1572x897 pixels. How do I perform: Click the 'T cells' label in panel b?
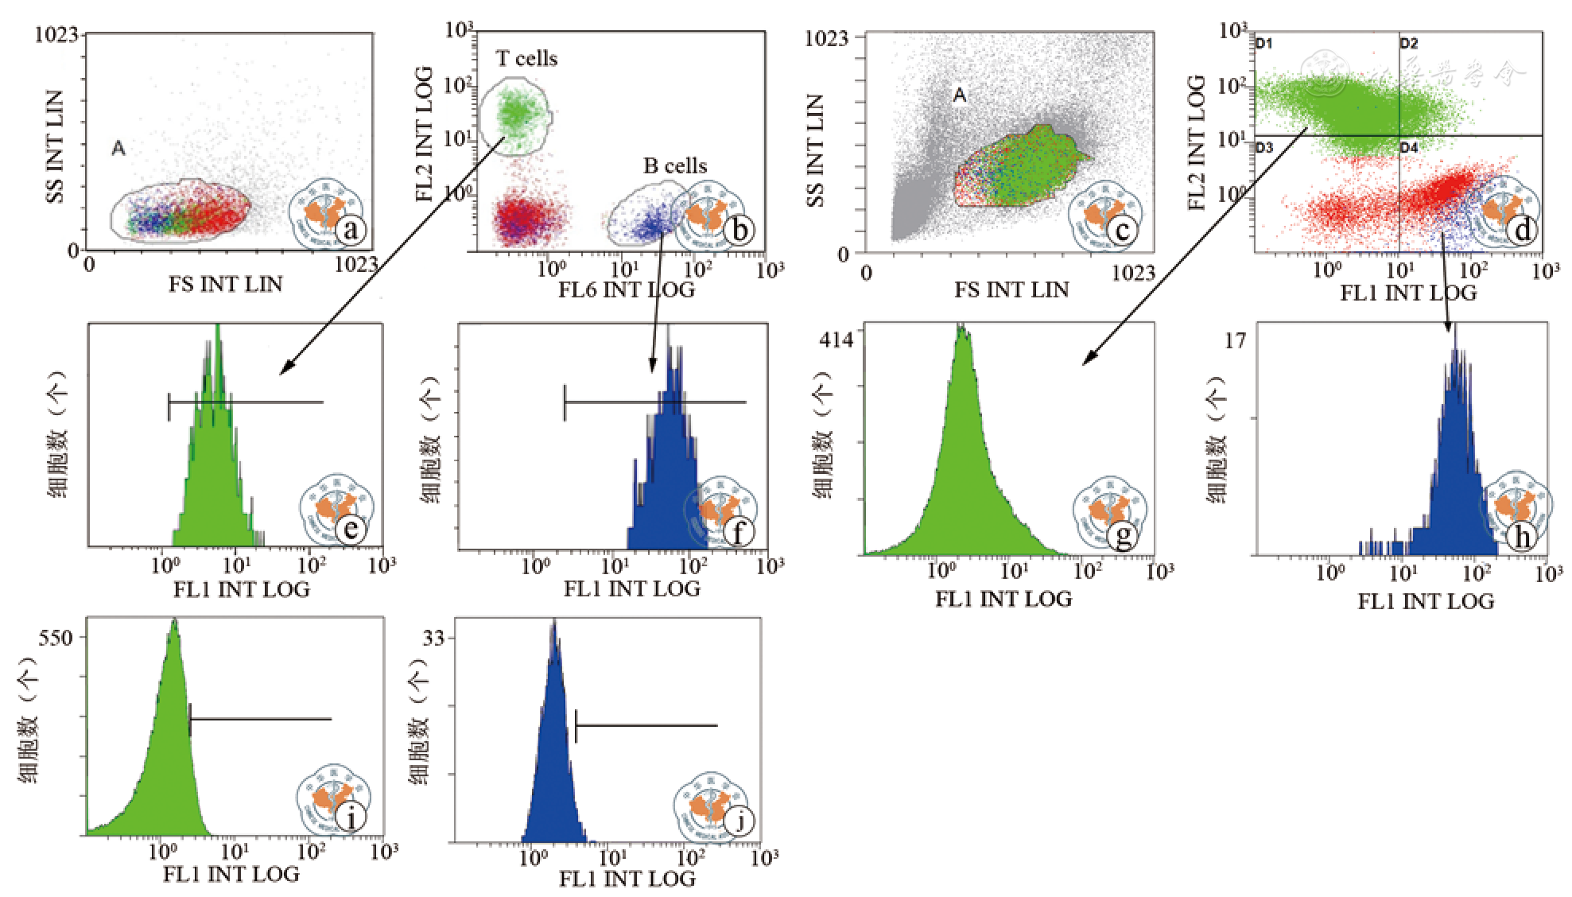526,59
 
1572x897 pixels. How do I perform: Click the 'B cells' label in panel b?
675,166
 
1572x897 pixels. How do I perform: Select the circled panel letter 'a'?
351,231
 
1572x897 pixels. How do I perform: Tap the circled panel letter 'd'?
1522,231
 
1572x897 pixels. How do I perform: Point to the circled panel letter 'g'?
1124,535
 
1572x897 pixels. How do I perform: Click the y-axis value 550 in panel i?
55,638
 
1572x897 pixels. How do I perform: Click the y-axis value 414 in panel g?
836,340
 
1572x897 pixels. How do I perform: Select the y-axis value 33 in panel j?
434,638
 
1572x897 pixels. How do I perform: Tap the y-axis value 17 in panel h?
1235,341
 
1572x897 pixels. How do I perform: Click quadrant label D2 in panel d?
1409,44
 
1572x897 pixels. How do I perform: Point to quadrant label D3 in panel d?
1264,147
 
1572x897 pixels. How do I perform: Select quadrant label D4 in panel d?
1409,147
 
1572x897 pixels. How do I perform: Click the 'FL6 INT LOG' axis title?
626,289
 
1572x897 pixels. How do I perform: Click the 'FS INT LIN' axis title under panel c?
1011,289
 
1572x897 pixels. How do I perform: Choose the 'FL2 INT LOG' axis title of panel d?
1196,143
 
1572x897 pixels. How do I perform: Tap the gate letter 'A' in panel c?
960,96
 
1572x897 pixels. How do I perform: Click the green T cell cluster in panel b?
515,113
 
